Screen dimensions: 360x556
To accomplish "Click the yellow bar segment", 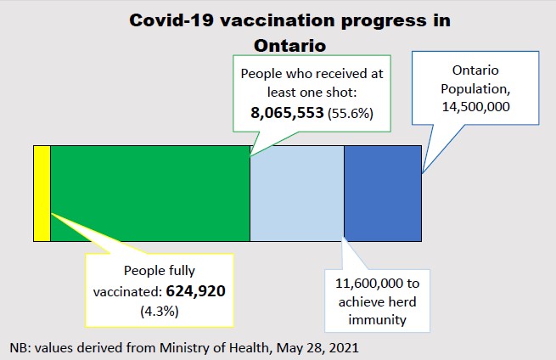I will click(42, 193).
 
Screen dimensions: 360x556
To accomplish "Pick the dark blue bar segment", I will click(382, 193).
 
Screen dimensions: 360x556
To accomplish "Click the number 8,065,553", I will click(283, 112).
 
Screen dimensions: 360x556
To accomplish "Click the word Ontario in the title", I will click(289, 43).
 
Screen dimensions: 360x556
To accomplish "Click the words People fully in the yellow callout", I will click(159, 271).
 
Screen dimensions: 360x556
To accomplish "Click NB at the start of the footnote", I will click(19, 347).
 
